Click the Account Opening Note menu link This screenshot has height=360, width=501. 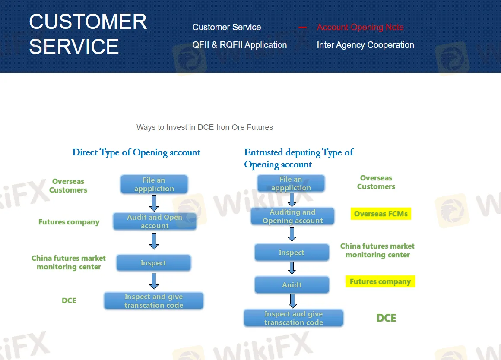(x=360, y=27)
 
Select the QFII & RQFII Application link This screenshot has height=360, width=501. (x=239, y=45)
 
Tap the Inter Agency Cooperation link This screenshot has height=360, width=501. (x=365, y=45)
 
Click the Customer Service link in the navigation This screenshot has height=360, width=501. (x=226, y=27)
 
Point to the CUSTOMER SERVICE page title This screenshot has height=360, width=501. (x=88, y=34)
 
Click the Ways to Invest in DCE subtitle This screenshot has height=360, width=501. (x=205, y=127)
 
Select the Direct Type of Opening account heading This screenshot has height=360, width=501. (x=136, y=152)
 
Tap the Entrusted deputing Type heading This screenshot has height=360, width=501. (x=298, y=158)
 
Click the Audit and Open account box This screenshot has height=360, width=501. (x=155, y=221)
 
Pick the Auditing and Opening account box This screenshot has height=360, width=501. (x=292, y=216)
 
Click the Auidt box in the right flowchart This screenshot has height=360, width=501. (x=292, y=285)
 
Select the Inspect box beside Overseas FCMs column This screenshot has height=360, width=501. (x=292, y=253)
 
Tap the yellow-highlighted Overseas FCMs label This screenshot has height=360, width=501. (x=381, y=214)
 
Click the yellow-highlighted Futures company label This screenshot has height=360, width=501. (x=380, y=282)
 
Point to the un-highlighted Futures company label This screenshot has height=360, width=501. (x=69, y=222)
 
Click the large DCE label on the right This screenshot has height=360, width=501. (x=386, y=318)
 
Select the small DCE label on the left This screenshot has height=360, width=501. (x=69, y=300)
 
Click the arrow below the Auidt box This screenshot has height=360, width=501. (x=292, y=301)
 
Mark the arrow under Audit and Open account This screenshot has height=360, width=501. (x=154, y=241)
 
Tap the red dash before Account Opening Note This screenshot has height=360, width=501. (x=302, y=28)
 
